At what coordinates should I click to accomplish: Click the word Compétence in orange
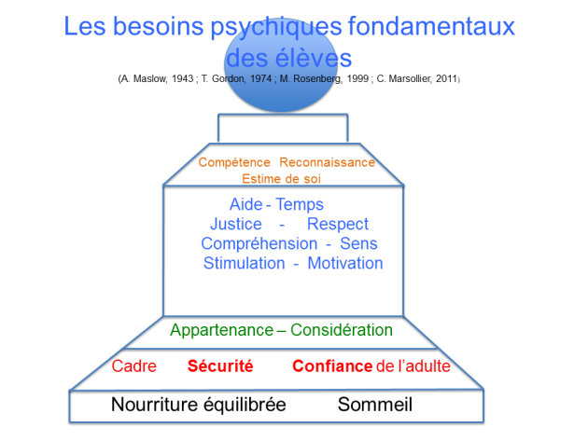point(234,163)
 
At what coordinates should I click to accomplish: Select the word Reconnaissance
point(327,162)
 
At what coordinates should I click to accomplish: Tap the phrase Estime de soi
point(281,179)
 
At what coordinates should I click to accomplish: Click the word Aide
point(245,204)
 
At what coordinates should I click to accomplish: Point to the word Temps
point(300,205)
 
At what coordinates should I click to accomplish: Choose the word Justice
point(236,224)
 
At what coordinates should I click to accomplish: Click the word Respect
point(338,225)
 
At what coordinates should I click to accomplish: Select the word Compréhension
point(259,244)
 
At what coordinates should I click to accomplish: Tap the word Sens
point(358,243)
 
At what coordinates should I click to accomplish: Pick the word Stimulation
point(245,263)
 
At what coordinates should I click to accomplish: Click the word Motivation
point(345,263)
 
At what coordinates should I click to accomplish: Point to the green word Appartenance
point(221,331)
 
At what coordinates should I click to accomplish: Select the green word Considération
point(342,330)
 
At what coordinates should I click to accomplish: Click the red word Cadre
point(133,366)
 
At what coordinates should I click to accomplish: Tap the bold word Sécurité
point(220,365)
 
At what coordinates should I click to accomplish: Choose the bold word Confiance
point(332,366)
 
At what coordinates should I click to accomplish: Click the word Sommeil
point(374,405)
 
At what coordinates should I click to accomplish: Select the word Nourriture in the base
point(155,405)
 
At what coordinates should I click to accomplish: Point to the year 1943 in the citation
point(183,78)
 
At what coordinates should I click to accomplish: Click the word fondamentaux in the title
point(431,26)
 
